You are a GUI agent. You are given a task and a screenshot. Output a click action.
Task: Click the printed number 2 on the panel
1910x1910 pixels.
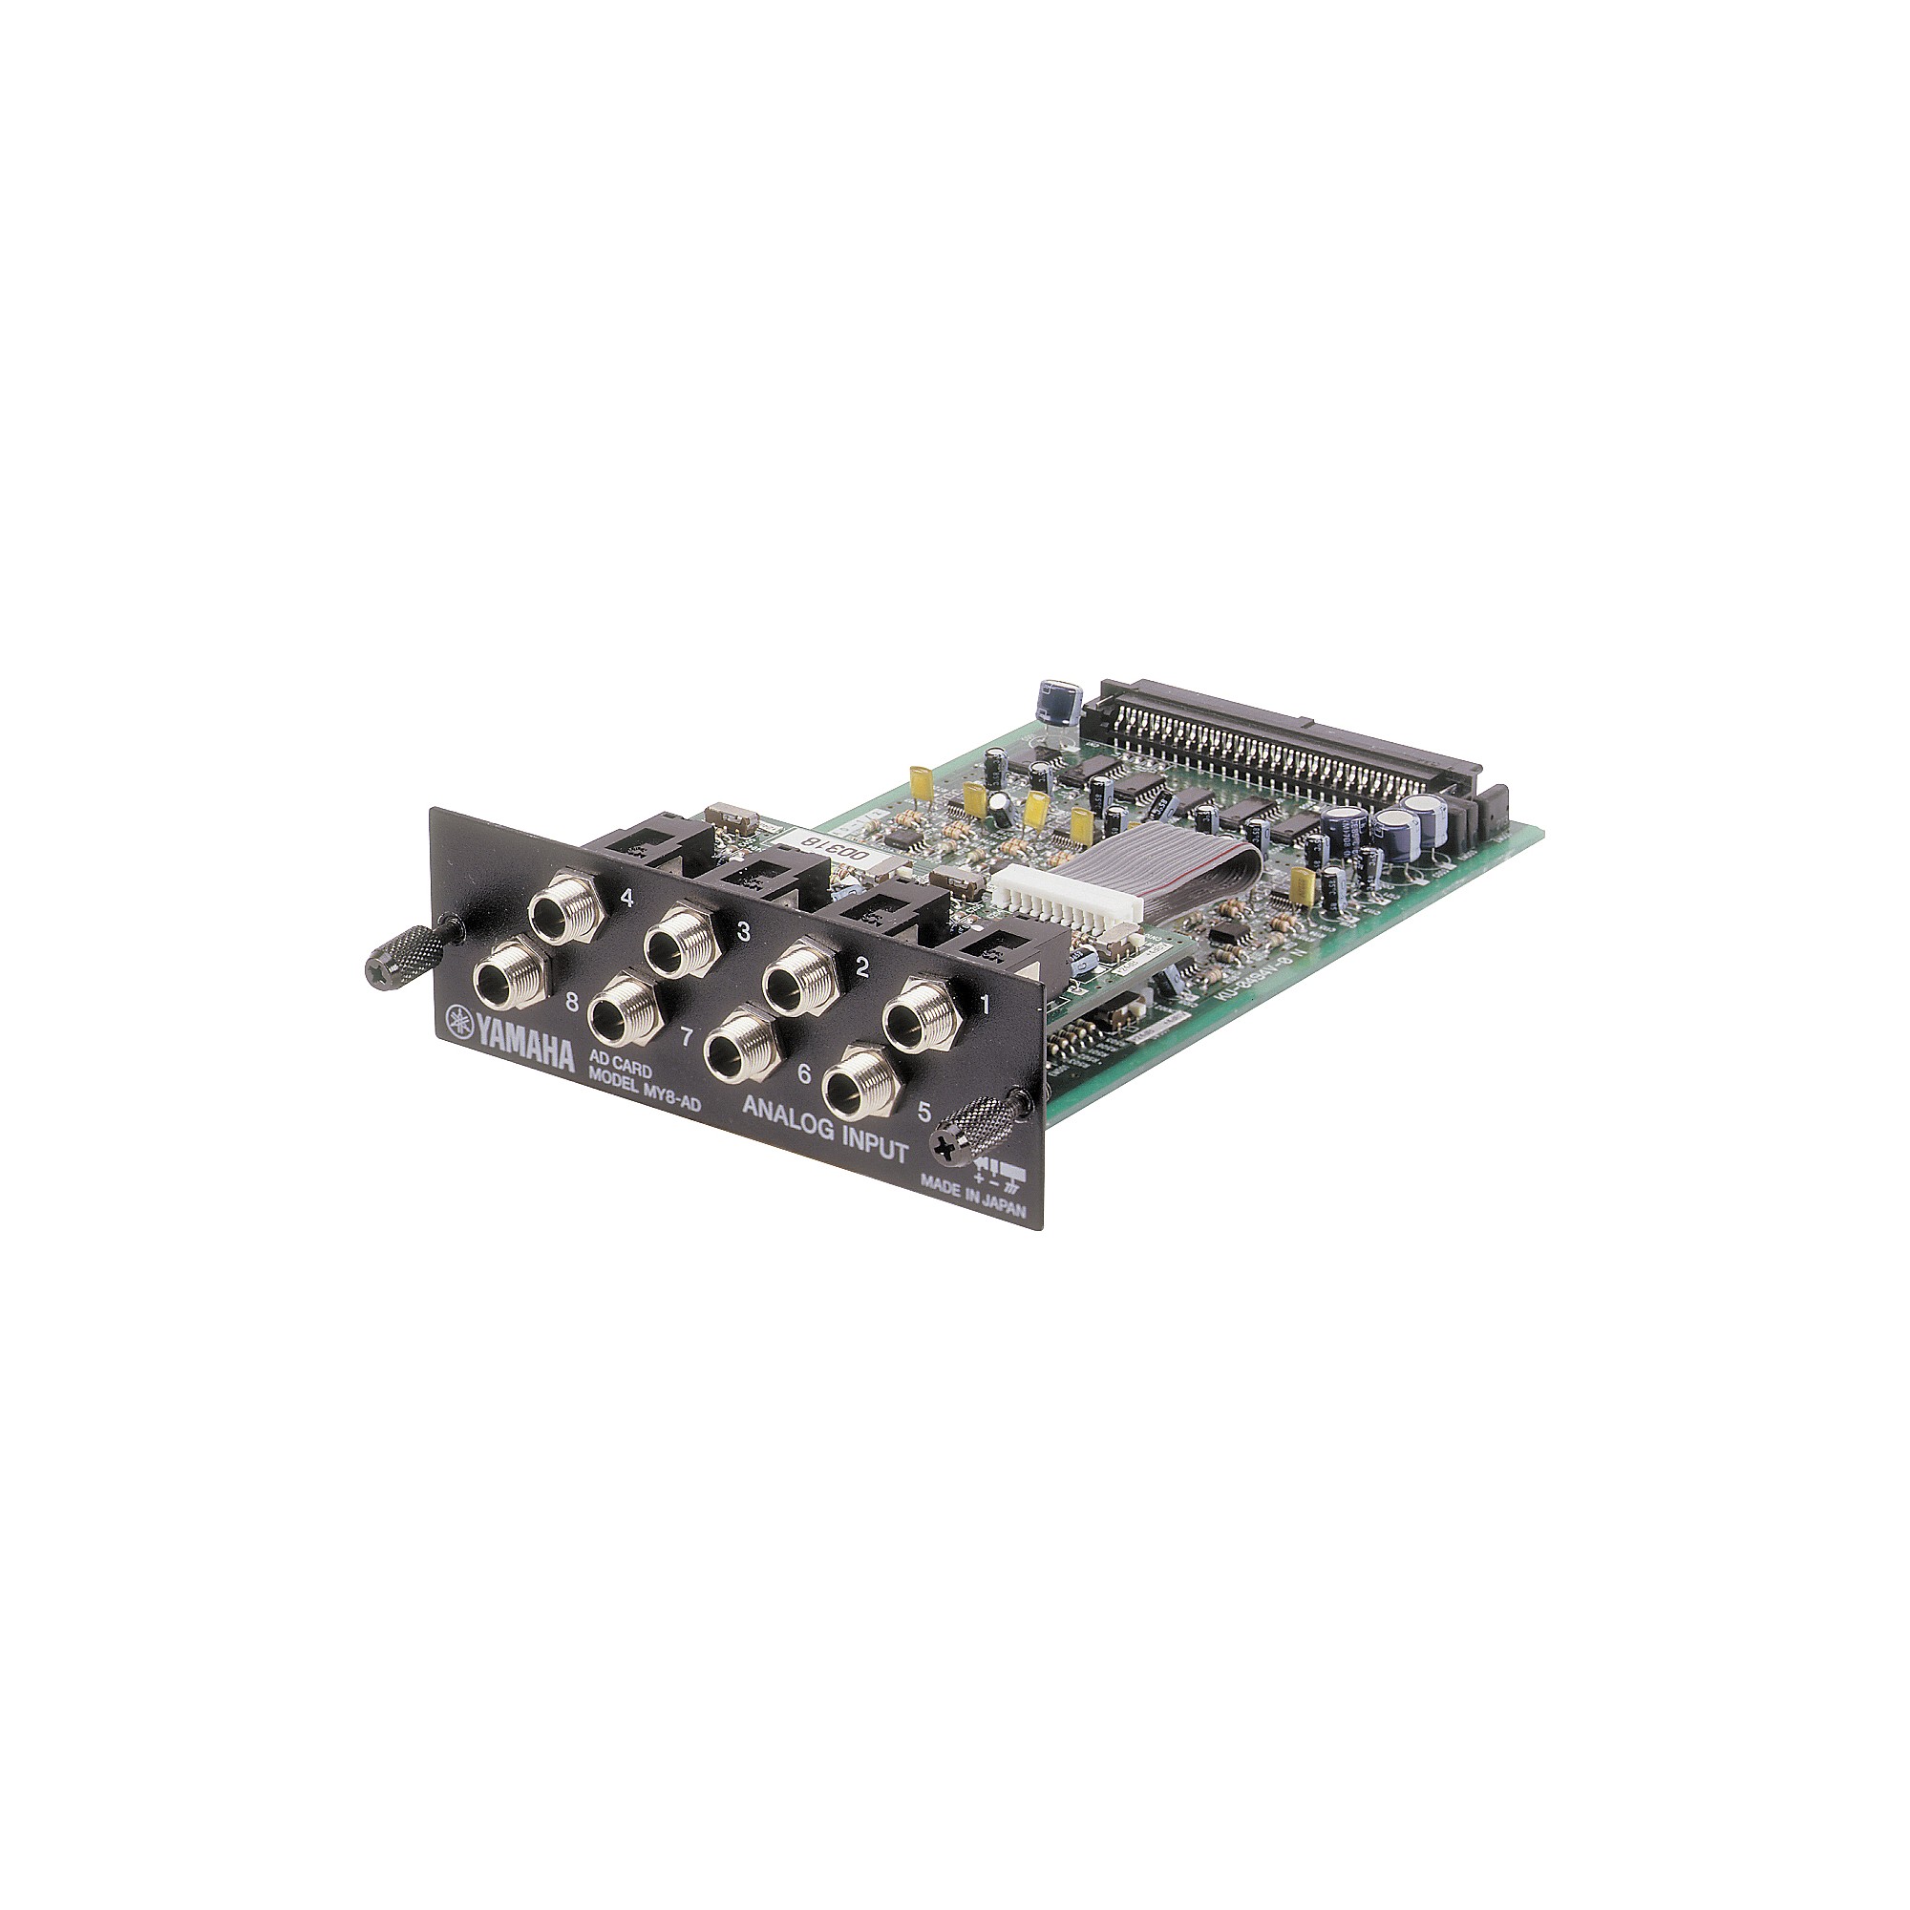861,967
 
